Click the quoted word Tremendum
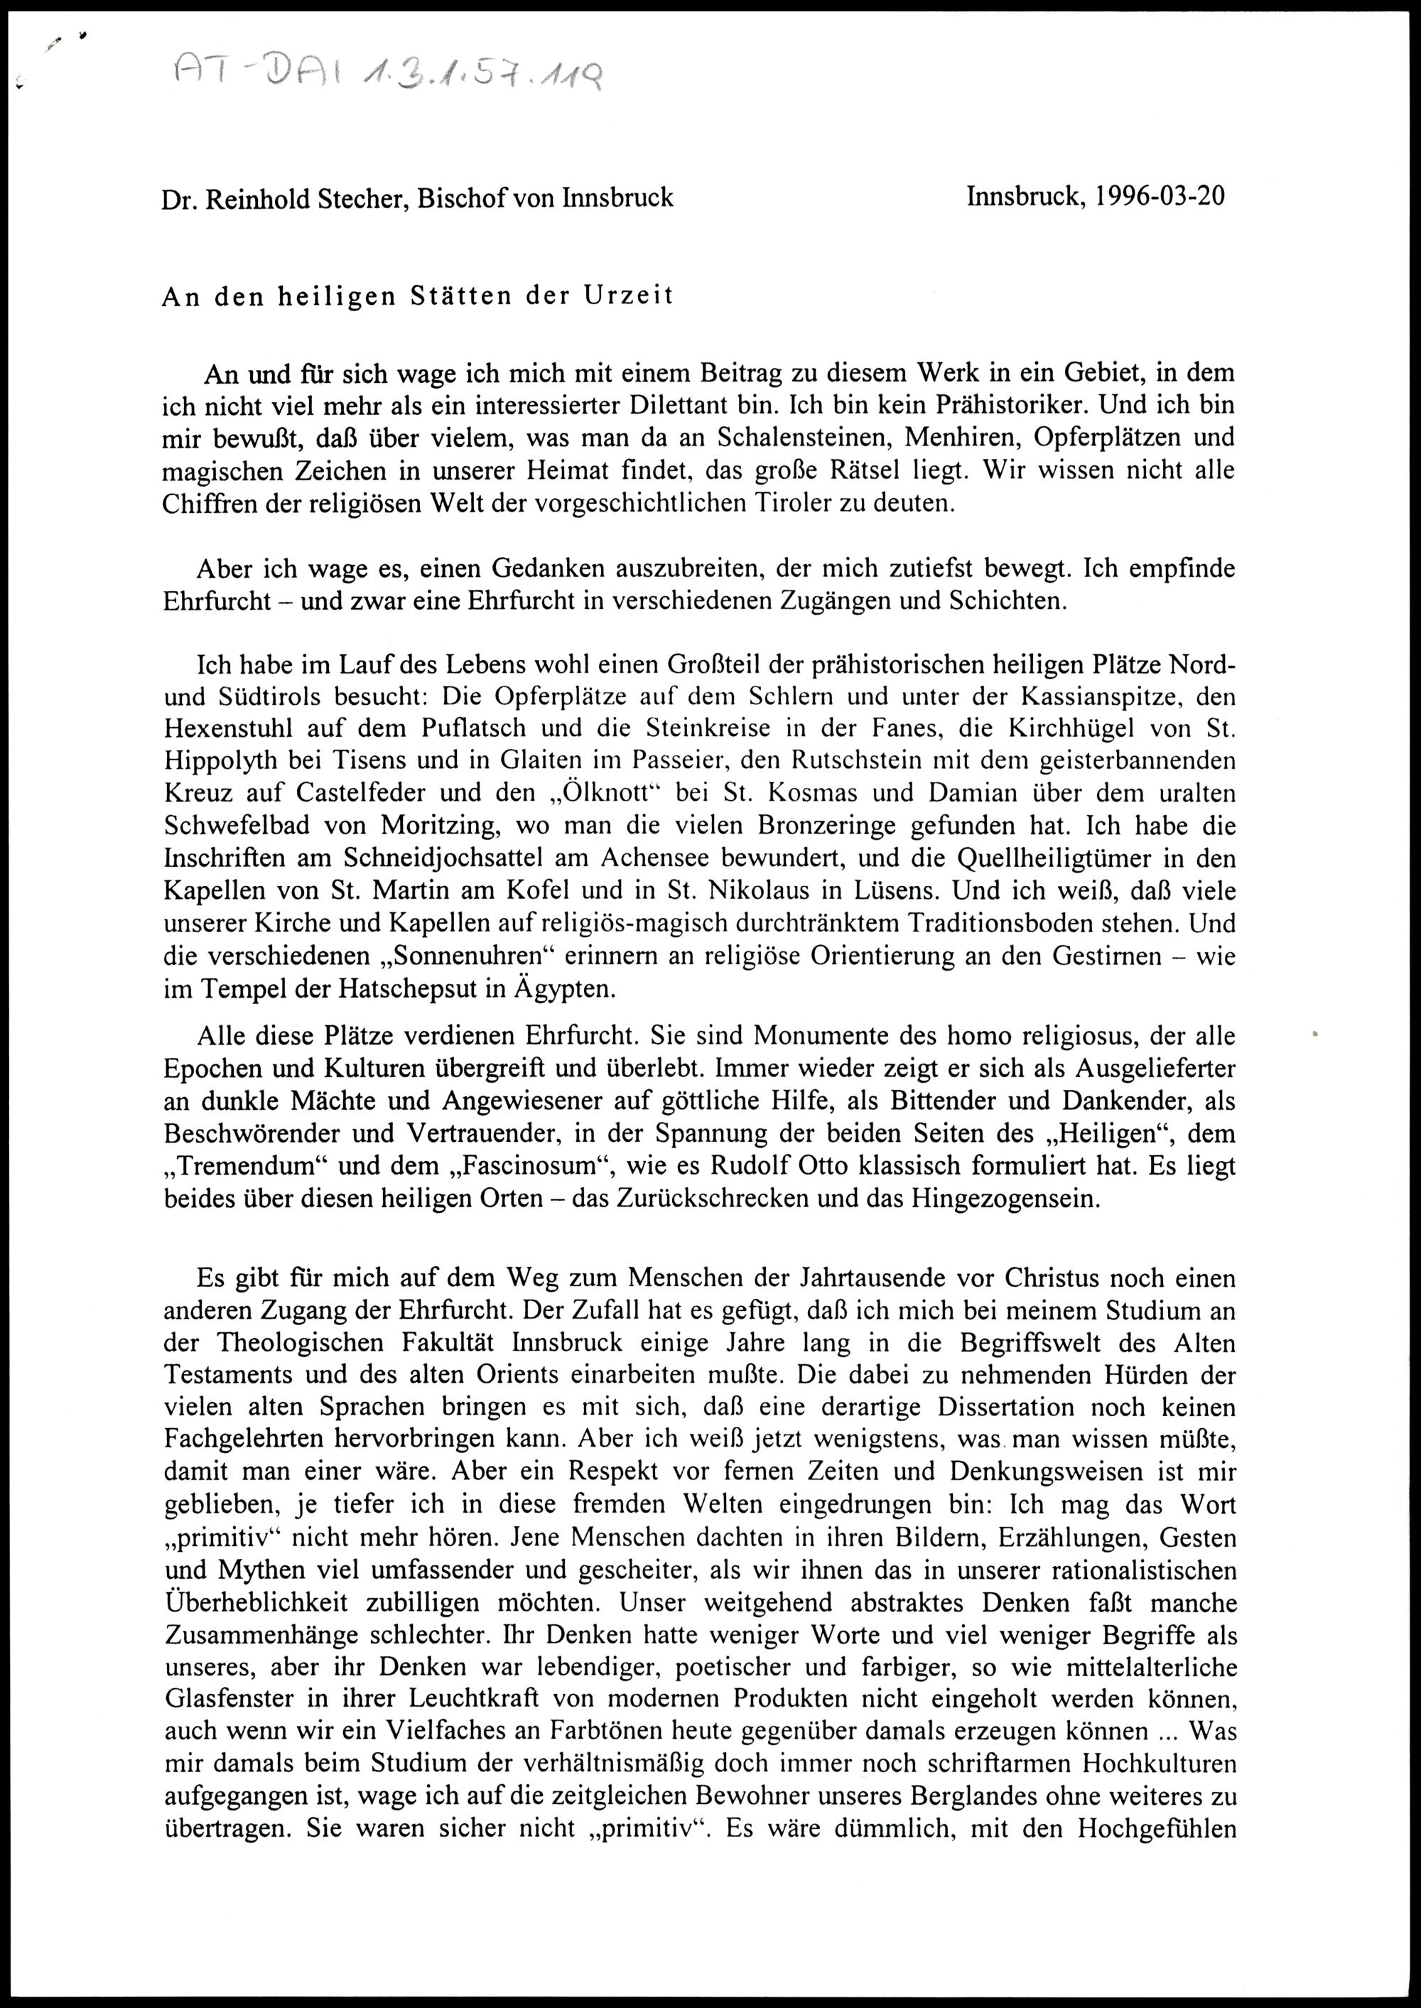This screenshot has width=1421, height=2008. pos(237,1166)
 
